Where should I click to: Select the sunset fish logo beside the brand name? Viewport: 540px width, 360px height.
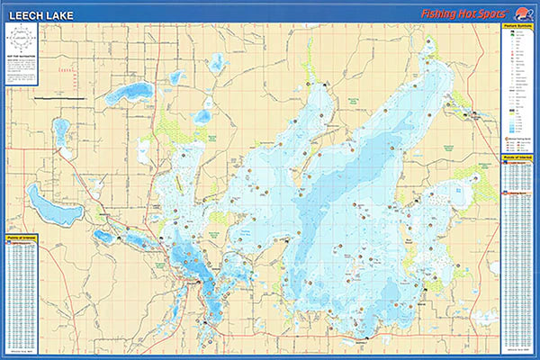click(x=521, y=13)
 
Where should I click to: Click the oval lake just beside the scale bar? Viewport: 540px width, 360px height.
click(x=129, y=93)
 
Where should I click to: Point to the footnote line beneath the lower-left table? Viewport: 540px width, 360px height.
click(x=22, y=349)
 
